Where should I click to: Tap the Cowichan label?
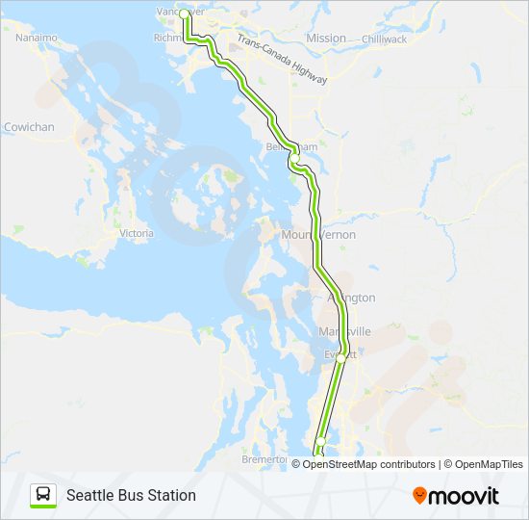(29, 127)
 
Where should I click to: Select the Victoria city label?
(136, 233)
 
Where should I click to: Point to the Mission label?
(326, 39)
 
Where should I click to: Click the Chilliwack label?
(385, 39)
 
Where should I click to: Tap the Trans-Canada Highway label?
(282, 62)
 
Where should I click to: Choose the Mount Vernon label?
(317, 235)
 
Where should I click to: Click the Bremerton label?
(264, 459)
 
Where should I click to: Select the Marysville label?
(343, 331)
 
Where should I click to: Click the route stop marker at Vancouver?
(184, 13)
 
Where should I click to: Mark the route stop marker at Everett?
(340, 357)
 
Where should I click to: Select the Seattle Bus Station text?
(131, 495)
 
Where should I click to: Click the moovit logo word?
(464, 495)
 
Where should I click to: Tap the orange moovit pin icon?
(419, 495)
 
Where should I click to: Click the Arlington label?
(352, 299)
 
